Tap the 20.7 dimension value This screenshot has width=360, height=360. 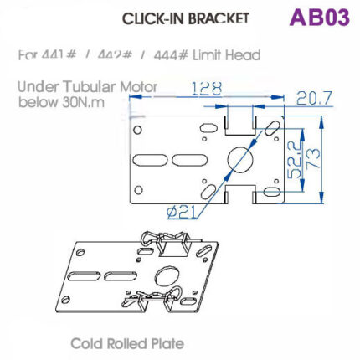314,98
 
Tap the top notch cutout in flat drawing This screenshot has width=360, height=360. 241,123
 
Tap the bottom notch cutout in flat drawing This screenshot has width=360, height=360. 241,195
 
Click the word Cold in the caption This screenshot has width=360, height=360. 87,343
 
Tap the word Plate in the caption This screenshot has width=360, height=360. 167,343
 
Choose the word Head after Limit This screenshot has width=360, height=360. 242,55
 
